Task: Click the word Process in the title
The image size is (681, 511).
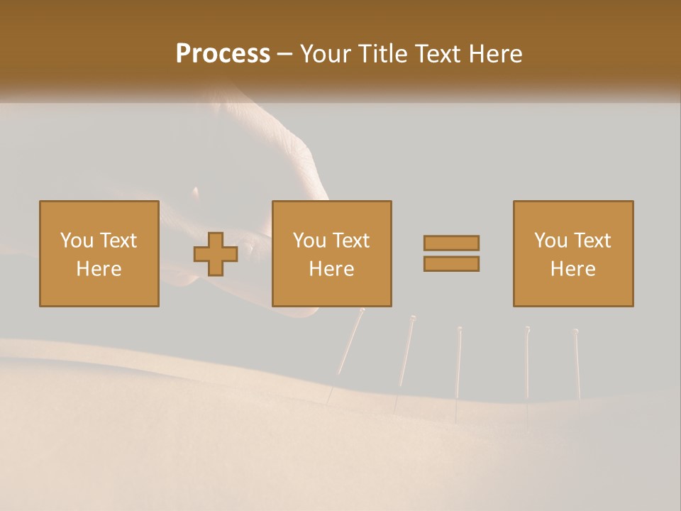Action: (x=223, y=54)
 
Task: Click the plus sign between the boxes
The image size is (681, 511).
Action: (x=216, y=254)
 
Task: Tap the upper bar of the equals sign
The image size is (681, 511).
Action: (x=451, y=243)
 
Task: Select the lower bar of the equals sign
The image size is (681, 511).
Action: (x=451, y=263)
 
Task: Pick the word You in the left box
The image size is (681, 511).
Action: (x=76, y=241)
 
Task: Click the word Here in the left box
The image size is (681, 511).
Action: (x=99, y=268)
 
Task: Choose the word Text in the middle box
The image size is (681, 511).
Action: (x=351, y=241)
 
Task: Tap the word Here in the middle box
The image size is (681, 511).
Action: (x=331, y=268)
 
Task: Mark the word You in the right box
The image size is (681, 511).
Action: (x=550, y=241)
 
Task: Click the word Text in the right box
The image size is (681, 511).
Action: (x=592, y=241)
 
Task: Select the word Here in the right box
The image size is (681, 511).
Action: (x=572, y=268)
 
